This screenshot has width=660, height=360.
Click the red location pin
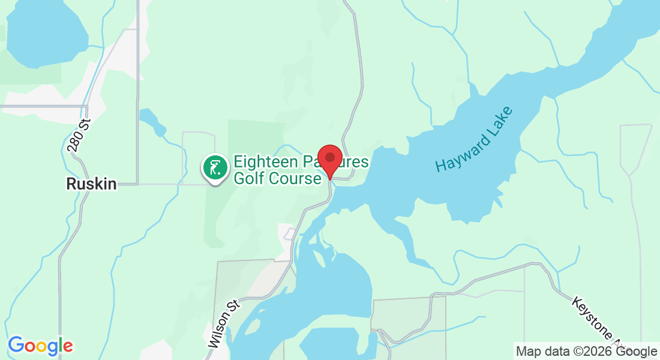click(329, 160)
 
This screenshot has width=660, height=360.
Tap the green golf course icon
click(214, 167)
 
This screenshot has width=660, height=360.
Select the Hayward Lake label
click(475, 140)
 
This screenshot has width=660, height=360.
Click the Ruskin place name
click(91, 184)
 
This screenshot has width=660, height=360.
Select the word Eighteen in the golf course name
click(265, 162)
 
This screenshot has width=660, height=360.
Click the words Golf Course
click(277, 178)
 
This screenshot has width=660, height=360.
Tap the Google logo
click(40, 346)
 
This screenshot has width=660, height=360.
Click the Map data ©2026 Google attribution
click(586, 351)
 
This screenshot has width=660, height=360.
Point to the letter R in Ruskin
click(71, 184)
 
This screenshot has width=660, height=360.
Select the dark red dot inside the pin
click(329, 157)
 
